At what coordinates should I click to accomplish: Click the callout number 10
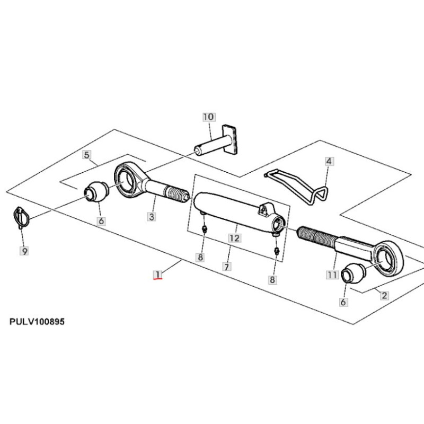pyautogui.click(x=208, y=117)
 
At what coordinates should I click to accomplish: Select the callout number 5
pyautogui.click(x=86, y=155)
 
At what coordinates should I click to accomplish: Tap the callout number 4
pyautogui.click(x=329, y=161)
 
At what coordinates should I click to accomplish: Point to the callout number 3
pyautogui.click(x=152, y=217)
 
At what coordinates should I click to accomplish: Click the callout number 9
pyautogui.click(x=24, y=251)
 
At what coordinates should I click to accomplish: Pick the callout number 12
pyautogui.click(x=234, y=238)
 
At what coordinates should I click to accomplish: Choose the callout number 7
pyautogui.click(x=227, y=267)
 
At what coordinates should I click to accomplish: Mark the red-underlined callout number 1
pyautogui.click(x=157, y=275)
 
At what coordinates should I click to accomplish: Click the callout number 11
pyautogui.click(x=332, y=275)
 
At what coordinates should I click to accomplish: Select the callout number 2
pyautogui.click(x=384, y=295)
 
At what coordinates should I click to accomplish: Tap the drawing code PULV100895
pyautogui.click(x=37, y=322)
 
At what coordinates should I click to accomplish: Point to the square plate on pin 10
pyautogui.click(x=231, y=139)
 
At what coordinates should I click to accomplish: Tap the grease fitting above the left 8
pyautogui.click(x=205, y=229)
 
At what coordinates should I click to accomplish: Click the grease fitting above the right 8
pyautogui.click(x=276, y=251)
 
